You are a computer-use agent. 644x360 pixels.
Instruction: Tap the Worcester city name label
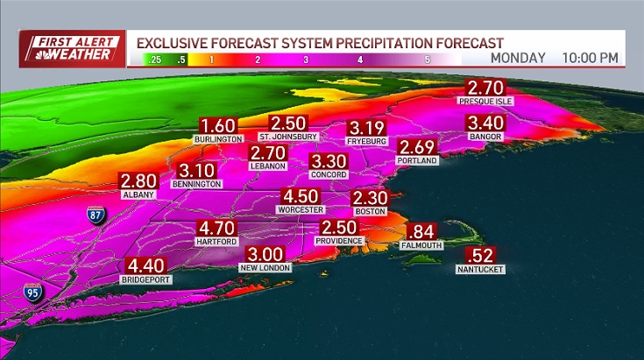pyautogui.click(x=300, y=210)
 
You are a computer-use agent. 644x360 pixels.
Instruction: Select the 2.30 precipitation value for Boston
pyautogui.click(x=370, y=198)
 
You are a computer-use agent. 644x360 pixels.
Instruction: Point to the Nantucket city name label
pyautogui.click(x=480, y=270)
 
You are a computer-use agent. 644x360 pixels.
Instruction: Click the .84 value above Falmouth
pyautogui.click(x=421, y=231)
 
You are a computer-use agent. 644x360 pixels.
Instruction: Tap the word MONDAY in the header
pyautogui.click(x=518, y=59)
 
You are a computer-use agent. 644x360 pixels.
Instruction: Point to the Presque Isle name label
pyautogui.click(x=485, y=102)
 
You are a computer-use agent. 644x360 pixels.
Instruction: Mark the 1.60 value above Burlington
pyautogui.click(x=219, y=125)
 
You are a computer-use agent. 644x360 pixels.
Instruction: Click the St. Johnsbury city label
pyautogui.click(x=287, y=138)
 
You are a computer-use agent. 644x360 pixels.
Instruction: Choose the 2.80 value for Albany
pyautogui.click(x=138, y=181)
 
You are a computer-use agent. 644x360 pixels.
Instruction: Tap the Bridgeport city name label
pyautogui.click(x=147, y=279)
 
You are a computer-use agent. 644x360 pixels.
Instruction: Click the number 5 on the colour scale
pyautogui.click(x=427, y=60)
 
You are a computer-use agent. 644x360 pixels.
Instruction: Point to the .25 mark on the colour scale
pyautogui.click(x=155, y=60)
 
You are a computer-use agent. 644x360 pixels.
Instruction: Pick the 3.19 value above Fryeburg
pyautogui.click(x=367, y=126)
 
